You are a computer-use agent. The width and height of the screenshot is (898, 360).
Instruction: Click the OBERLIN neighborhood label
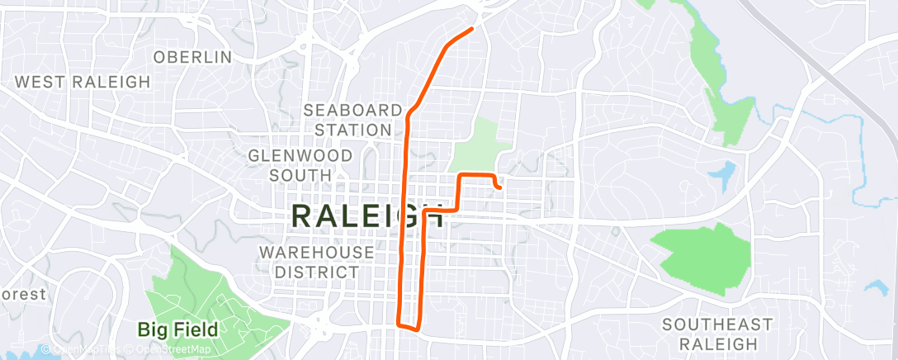point(192,57)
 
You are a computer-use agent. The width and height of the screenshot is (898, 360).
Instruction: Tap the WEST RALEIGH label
point(83,82)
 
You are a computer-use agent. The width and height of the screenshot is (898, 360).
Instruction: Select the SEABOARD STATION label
point(352,120)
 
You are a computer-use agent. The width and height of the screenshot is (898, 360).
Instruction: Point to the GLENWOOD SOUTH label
point(300,165)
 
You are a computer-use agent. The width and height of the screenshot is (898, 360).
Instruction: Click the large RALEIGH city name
point(368,216)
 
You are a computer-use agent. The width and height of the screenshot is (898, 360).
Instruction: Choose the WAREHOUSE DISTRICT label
point(317,262)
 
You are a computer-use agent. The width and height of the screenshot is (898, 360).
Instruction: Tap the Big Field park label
point(177,330)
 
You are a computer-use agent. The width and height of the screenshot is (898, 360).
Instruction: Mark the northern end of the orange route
point(472,29)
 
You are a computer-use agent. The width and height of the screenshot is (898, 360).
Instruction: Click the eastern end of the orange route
point(500,187)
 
